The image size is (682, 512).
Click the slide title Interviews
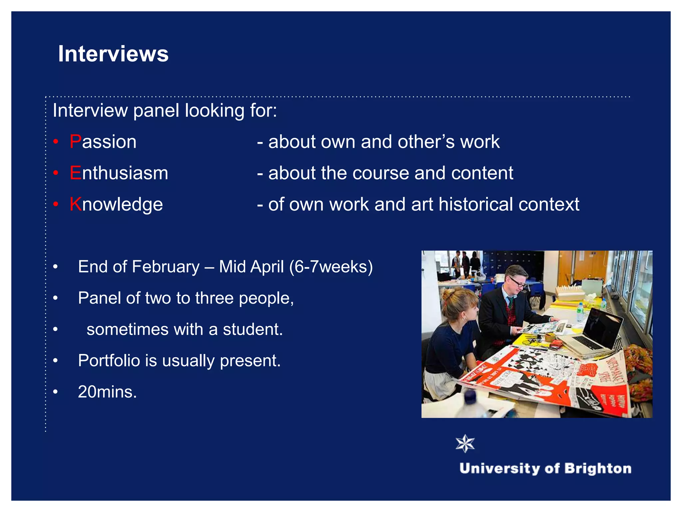[x=113, y=54]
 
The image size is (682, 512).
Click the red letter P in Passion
[x=75, y=142]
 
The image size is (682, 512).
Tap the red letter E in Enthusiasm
[x=75, y=173]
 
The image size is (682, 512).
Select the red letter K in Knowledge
[x=76, y=204]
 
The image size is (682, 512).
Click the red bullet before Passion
[x=56, y=142]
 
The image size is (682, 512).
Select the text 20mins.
[x=107, y=392]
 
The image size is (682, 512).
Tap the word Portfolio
[x=109, y=361]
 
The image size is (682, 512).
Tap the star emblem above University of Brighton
[x=465, y=444]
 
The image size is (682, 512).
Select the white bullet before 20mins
[x=56, y=392]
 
